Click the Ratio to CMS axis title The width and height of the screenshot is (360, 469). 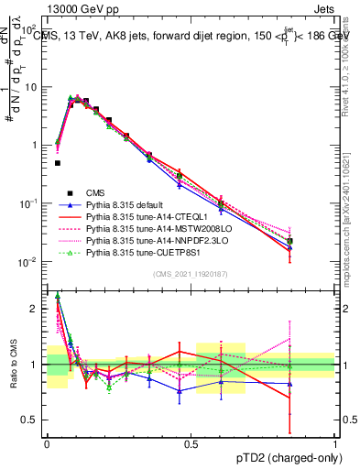click(x=12, y=376)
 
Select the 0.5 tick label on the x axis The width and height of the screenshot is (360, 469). click(x=191, y=444)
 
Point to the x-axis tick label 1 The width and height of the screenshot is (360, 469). click(x=334, y=444)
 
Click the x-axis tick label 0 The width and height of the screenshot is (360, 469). click(x=47, y=444)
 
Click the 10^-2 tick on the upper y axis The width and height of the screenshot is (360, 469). click(x=28, y=262)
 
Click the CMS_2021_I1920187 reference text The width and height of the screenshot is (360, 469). click(x=191, y=273)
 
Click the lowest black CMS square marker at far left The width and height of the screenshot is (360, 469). click(x=58, y=163)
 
